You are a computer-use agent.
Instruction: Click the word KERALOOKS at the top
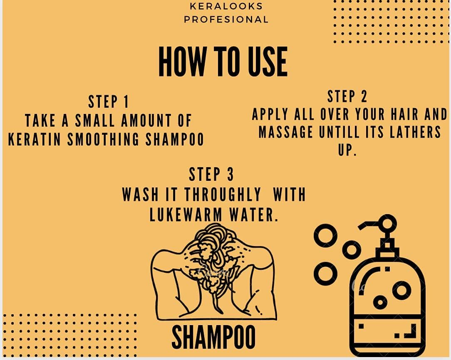(226, 6)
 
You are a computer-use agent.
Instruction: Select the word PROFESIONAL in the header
(226, 20)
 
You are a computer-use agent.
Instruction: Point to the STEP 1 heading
(109, 102)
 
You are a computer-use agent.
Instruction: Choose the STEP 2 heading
(347, 96)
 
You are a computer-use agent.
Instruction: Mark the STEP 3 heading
(211, 175)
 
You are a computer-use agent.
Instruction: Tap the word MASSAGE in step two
(285, 132)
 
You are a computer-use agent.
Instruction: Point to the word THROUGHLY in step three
(223, 195)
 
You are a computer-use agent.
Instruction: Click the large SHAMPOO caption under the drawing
(213, 338)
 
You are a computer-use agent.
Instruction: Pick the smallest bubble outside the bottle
(352, 250)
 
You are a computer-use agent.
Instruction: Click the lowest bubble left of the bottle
(325, 274)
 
